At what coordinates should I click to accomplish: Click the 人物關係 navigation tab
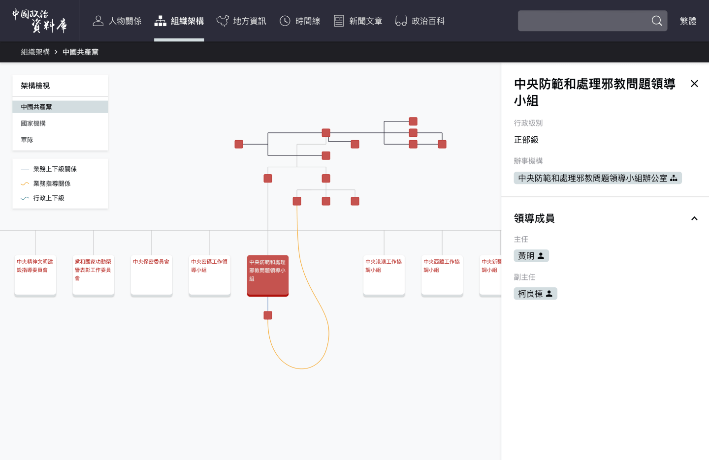click(117, 21)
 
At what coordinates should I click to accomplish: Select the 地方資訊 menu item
click(241, 21)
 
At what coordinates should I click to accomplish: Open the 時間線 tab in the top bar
click(300, 21)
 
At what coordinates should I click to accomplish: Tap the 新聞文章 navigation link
click(358, 21)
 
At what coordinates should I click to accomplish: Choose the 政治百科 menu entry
click(420, 21)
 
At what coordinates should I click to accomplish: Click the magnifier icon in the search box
click(657, 21)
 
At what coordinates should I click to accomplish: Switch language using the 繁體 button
click(688, 21)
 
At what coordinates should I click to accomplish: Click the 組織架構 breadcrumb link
click(35, 52)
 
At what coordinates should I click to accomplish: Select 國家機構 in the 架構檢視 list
click(33, 123)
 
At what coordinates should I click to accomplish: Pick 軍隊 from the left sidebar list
click(27, 140)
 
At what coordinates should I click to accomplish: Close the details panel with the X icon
click(694, 84)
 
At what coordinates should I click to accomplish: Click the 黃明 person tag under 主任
click(531, 256)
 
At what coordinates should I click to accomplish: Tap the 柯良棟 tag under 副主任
click(535, 294)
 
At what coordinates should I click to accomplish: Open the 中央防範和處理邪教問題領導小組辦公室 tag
click(597, 178)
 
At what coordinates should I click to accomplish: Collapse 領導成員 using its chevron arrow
click(694, 218)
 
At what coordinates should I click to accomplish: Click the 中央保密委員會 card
click(152, 276)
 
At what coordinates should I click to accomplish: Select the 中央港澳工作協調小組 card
click(384, 276)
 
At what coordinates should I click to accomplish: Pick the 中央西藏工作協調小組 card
click(442, 276)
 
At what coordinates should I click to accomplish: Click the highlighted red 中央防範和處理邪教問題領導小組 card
click(268, 276)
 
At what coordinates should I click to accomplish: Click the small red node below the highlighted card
click(268, 315)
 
